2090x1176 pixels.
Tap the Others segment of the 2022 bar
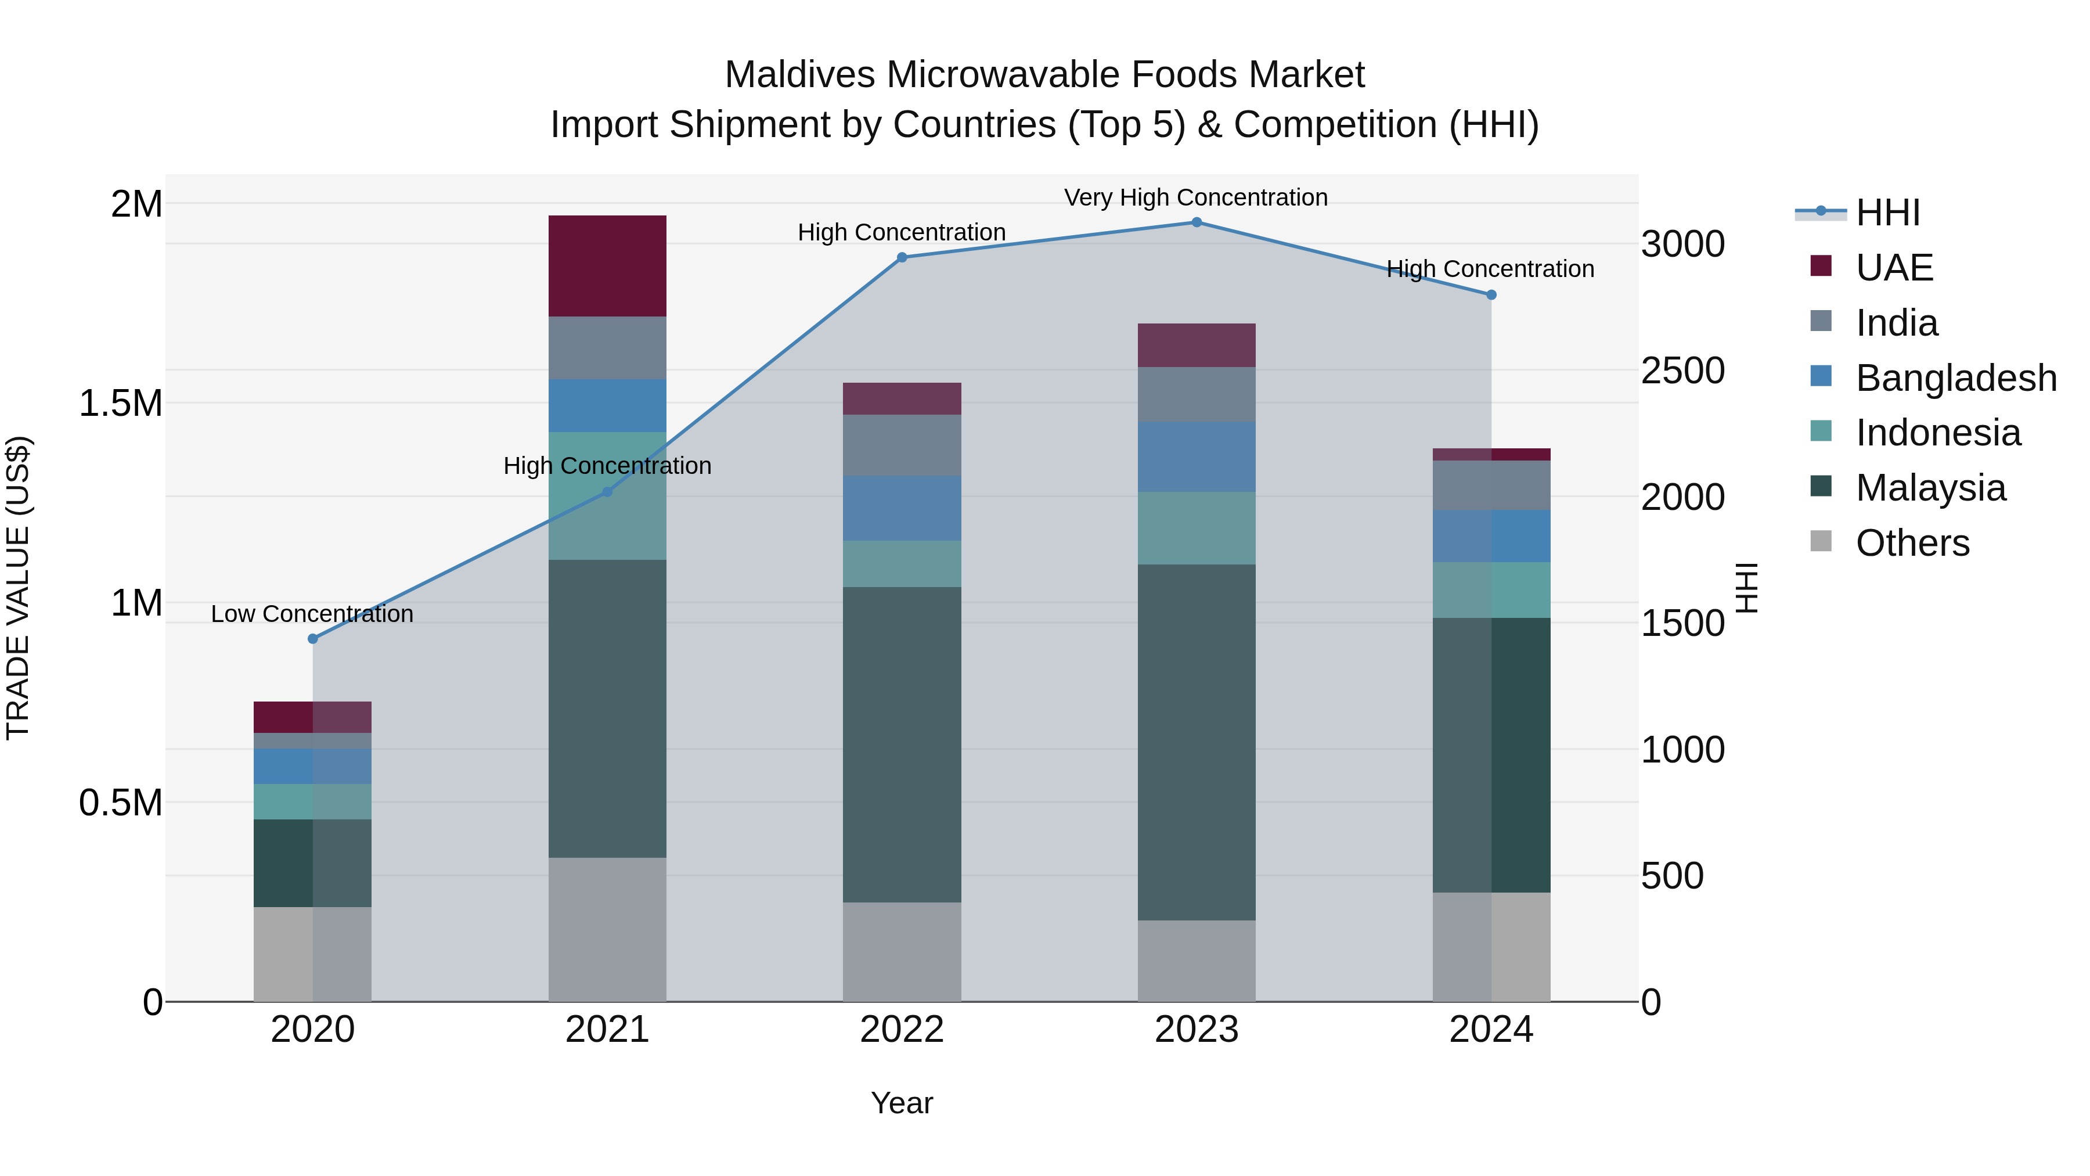click(x=902, y=951)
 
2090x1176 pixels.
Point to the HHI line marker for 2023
click(x=1196, y=222)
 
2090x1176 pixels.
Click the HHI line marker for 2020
click(x=313, y=639)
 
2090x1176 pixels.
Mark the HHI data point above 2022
click(x=902, y=257)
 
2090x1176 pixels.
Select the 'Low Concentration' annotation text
click(x=312, y=614)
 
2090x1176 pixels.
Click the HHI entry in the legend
click(x=1887, y=213)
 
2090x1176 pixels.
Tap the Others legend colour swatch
click(x=1821, y=541)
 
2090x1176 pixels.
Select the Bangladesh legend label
click(x=1956, y=378)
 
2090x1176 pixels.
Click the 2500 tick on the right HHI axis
click(x=1682, y=371)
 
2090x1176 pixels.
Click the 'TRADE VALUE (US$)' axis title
click(x=18, y=588)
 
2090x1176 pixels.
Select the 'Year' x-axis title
click(x=902, y=1103)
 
